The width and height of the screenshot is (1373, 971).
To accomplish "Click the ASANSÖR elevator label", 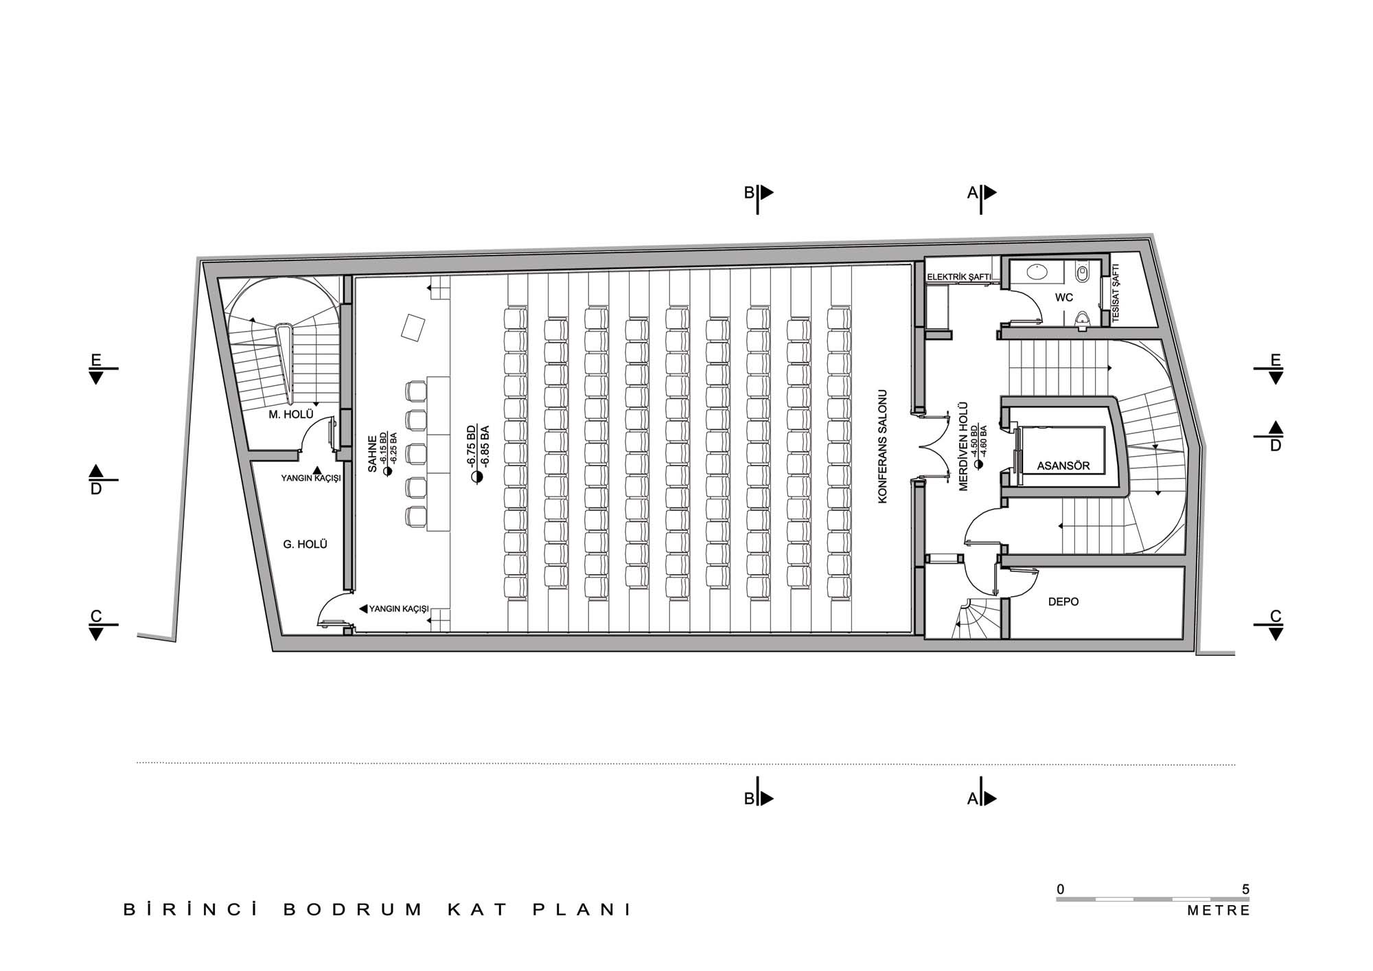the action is [1063, 466].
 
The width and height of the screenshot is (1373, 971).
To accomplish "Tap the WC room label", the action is [1064, 297].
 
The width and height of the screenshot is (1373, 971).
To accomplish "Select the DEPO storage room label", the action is [1063, 602].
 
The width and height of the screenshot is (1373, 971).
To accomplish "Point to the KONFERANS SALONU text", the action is [884, 447].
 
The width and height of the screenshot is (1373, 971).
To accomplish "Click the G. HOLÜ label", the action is [305, 545].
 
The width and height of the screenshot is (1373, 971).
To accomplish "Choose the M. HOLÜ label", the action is [291, 415].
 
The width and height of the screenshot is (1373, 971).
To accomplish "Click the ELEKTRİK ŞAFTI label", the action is [959, 277].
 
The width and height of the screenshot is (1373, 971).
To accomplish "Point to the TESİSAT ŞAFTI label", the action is [1115, 295].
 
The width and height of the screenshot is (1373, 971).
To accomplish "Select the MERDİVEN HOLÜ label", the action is [963, 446].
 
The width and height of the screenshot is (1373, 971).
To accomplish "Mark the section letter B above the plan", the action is [749, 193].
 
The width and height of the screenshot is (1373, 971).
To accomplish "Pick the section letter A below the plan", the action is [972, 799].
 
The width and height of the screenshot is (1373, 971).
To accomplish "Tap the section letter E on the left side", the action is [96, 360].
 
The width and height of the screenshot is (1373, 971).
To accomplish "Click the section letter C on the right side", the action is [1276, 616].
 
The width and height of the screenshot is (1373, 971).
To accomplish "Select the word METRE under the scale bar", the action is [1219, 911].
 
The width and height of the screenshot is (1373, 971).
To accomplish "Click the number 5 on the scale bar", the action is [1245, 889].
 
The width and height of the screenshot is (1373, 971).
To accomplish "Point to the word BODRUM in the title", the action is [354, 910].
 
